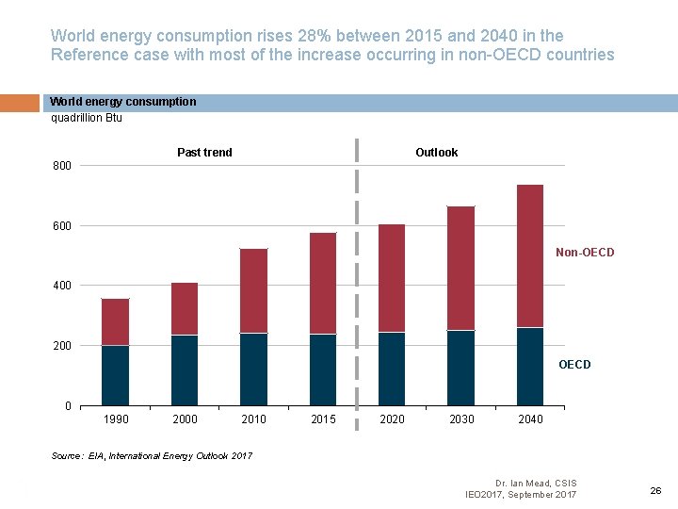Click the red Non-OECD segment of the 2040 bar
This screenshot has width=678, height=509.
[530, 255]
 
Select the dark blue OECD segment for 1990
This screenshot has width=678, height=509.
[116, 375]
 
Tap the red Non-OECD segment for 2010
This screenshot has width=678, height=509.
[253, 290]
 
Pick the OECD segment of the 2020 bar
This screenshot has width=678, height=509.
[392, 369]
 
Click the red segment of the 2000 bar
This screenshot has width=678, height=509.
[185, 308]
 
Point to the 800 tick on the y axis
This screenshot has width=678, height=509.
[61, 167]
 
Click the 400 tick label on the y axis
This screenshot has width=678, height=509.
[61, 286]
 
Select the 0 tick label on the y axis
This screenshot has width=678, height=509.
[68, 406]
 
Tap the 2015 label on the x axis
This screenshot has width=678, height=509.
[323, 419]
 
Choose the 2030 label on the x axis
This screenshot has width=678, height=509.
[461, 419]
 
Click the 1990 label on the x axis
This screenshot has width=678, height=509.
[116, 419]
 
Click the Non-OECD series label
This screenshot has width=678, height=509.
[585, 253]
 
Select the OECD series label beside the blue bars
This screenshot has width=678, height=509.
[574, 365]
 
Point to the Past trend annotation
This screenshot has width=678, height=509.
[204, 153]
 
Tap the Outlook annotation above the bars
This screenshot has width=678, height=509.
[436, 153]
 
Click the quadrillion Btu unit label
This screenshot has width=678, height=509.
[86, 118]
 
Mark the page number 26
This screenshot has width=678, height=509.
[655, 490]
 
